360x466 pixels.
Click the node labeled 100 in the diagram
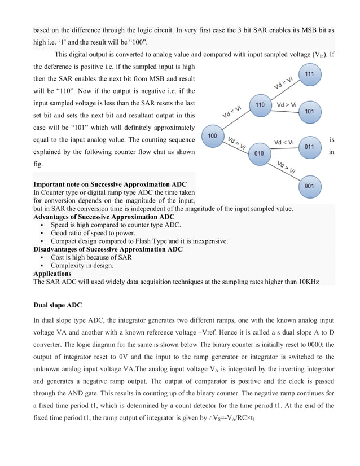[x=213, y=137]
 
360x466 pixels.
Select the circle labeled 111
[x=310, y=74]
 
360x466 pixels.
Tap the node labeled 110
[x=260, y=105]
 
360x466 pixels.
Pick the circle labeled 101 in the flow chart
[x=310, y=111]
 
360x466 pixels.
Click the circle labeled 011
[x=310, y=147]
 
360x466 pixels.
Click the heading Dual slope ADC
[x=58, y=305]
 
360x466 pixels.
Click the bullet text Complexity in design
[x=82, y=265]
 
